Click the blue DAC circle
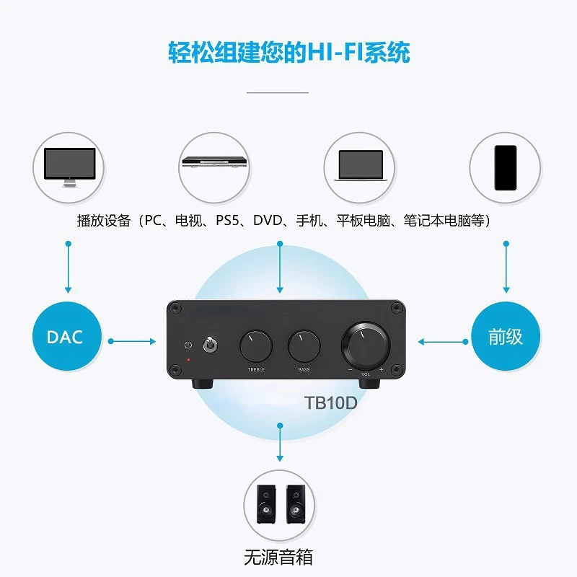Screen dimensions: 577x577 (x=65, y=336)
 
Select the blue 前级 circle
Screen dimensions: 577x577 (x=505, y=336)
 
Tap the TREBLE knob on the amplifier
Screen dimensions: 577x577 (x=256, y=345)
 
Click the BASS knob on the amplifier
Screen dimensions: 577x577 (x=304, y=345)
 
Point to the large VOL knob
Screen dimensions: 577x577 (x=365, y=344)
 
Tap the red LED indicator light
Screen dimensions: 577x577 (x=190, y=358)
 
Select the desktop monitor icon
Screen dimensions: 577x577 (x=69, y=166)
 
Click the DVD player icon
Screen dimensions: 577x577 (x=214, y=164)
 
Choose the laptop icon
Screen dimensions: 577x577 (x=360, y=165)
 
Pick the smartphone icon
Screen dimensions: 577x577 (x=505, y=167)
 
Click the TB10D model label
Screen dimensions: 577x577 (x=331, y=402)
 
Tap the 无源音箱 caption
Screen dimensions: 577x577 (x=279, y=558)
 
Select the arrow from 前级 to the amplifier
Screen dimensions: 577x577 (x=442, y=340)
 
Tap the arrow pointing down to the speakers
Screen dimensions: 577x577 (x=280, y=444)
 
